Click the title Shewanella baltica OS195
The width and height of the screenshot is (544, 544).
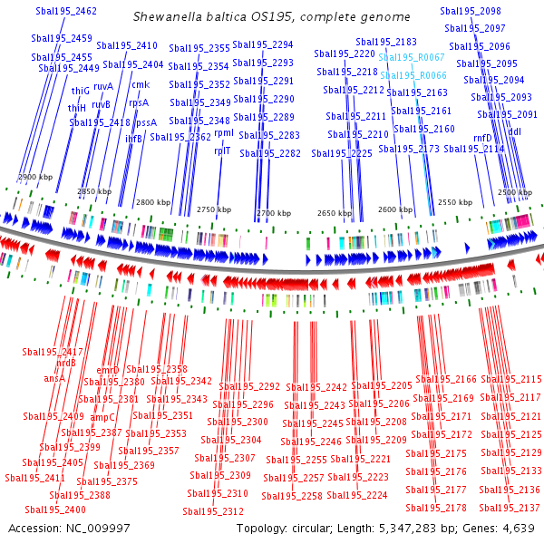(271, 17)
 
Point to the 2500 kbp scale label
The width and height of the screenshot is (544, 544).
(514, 193)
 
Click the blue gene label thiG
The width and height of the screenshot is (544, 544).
(81, 92)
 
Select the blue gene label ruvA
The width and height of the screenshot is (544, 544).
(103, 86)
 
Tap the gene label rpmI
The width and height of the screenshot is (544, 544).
(224, 133)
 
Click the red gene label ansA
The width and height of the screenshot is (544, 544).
(54, 378)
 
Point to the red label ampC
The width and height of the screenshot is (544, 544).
(102, 418)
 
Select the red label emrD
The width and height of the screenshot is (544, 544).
(108, 370)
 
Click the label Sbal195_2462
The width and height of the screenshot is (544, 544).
(66, 11)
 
